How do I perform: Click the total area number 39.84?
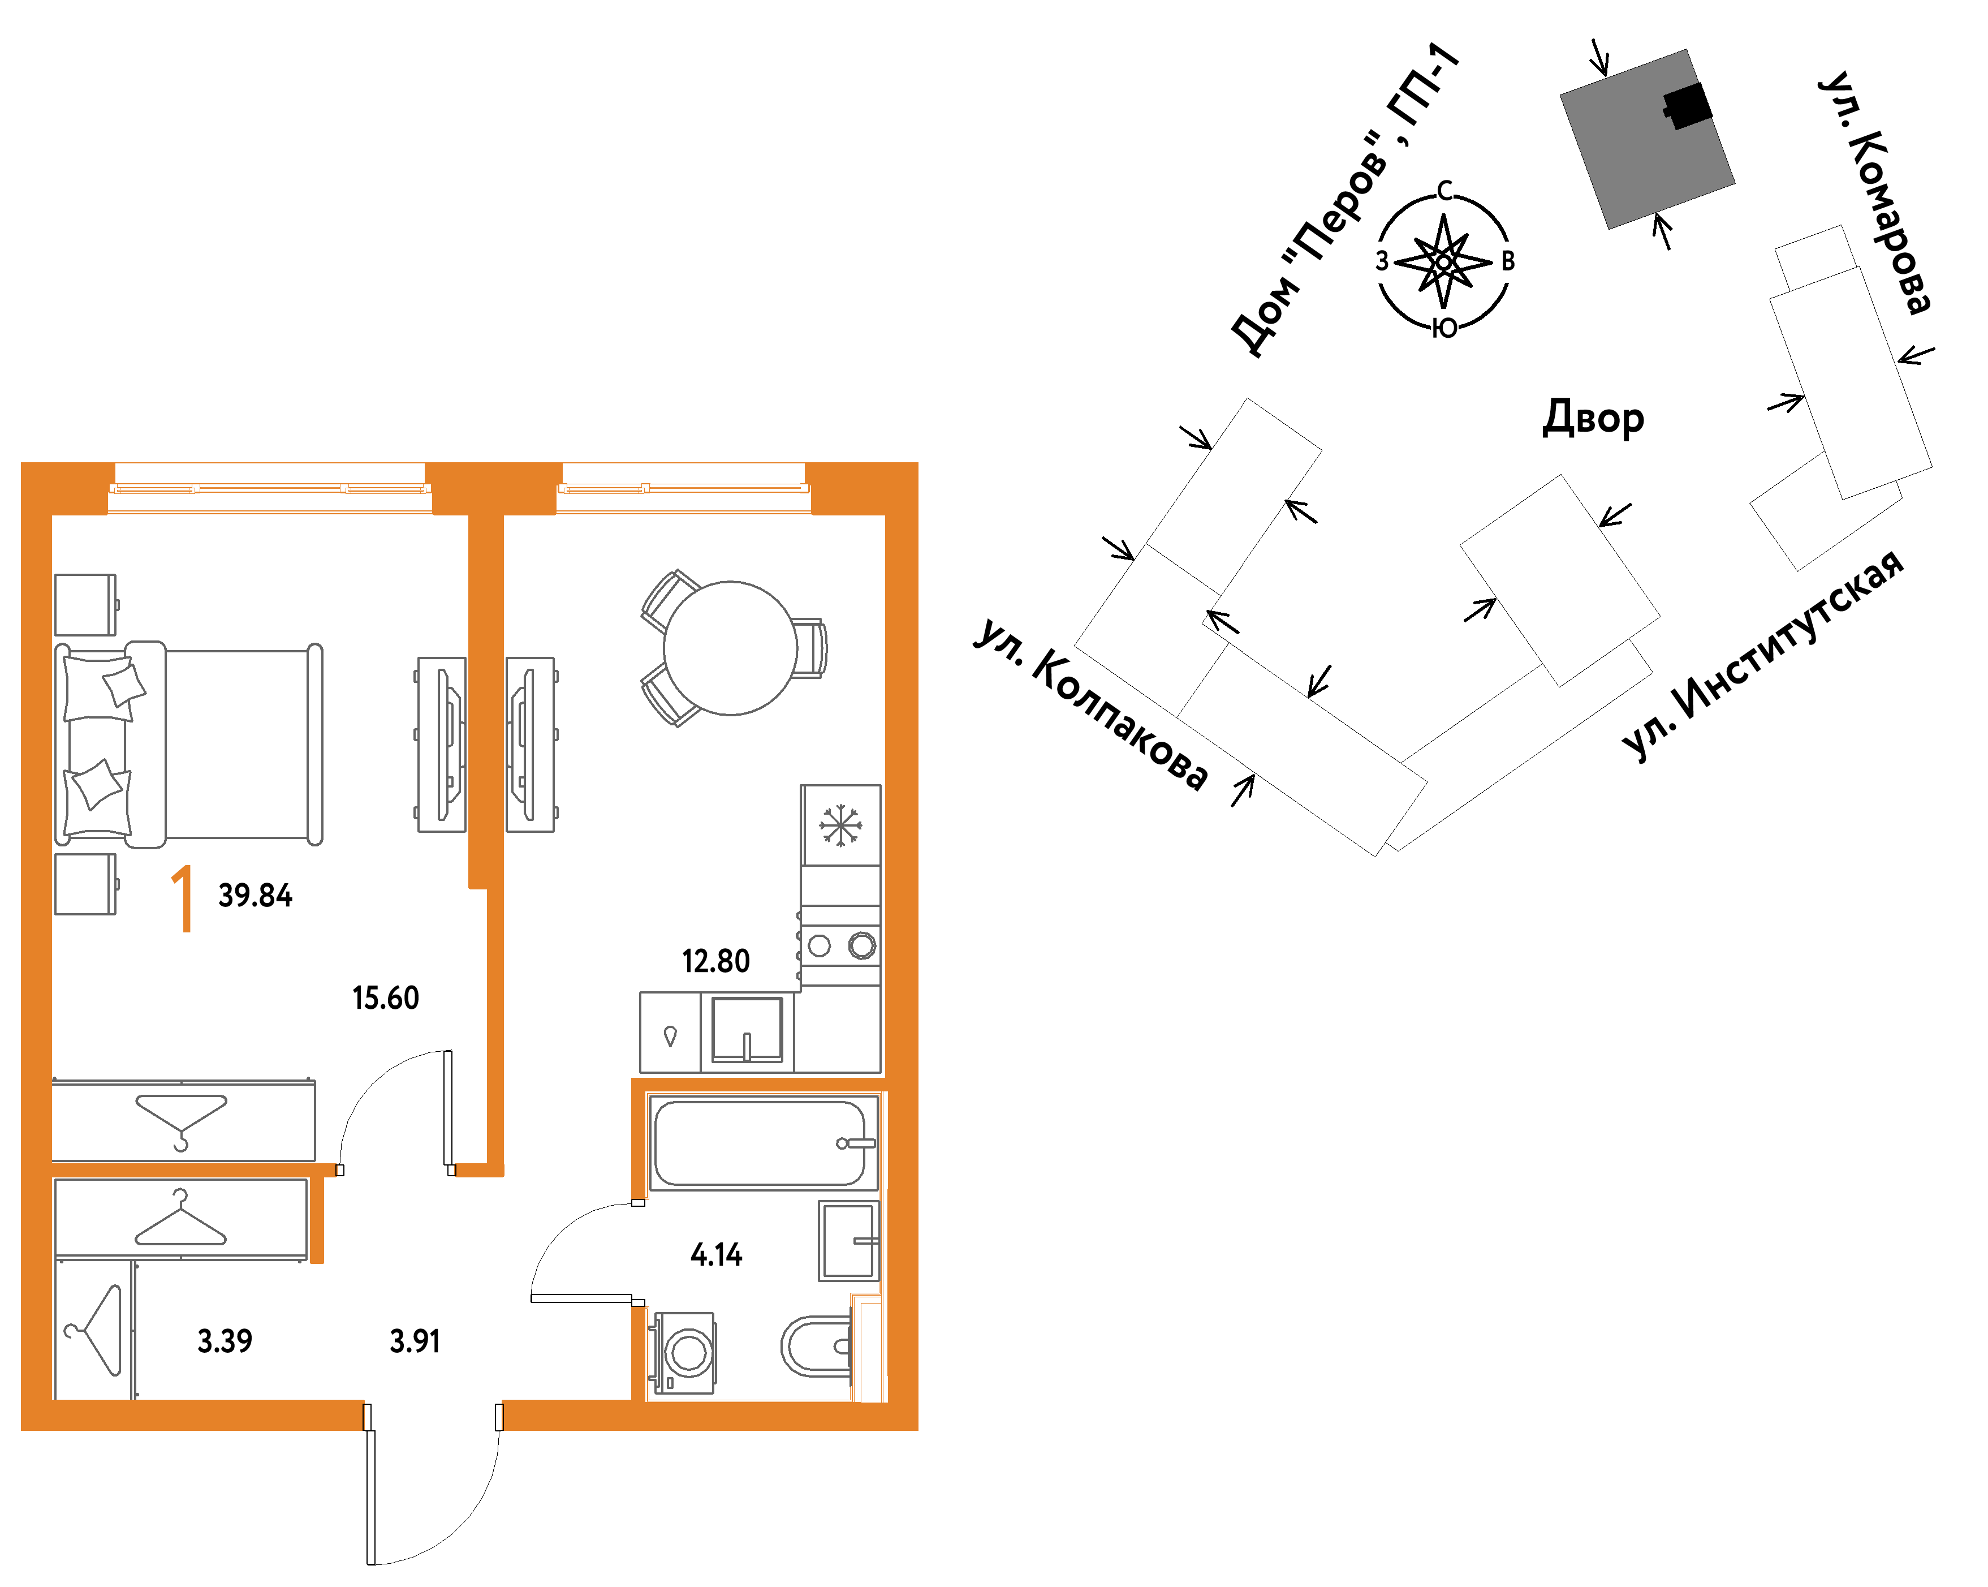coord(256,896)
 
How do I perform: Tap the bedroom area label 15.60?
coord(385,999)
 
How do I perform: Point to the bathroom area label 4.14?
coord(717,1255)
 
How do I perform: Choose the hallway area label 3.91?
coord(415,1341)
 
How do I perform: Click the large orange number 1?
coord(183,899)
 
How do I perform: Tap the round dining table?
coord(730,648)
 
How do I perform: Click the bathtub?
coord(764,1143)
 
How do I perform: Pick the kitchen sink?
coord(747,1031)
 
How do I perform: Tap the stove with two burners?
coord(840,946)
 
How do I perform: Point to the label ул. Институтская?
coord(1762,656)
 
